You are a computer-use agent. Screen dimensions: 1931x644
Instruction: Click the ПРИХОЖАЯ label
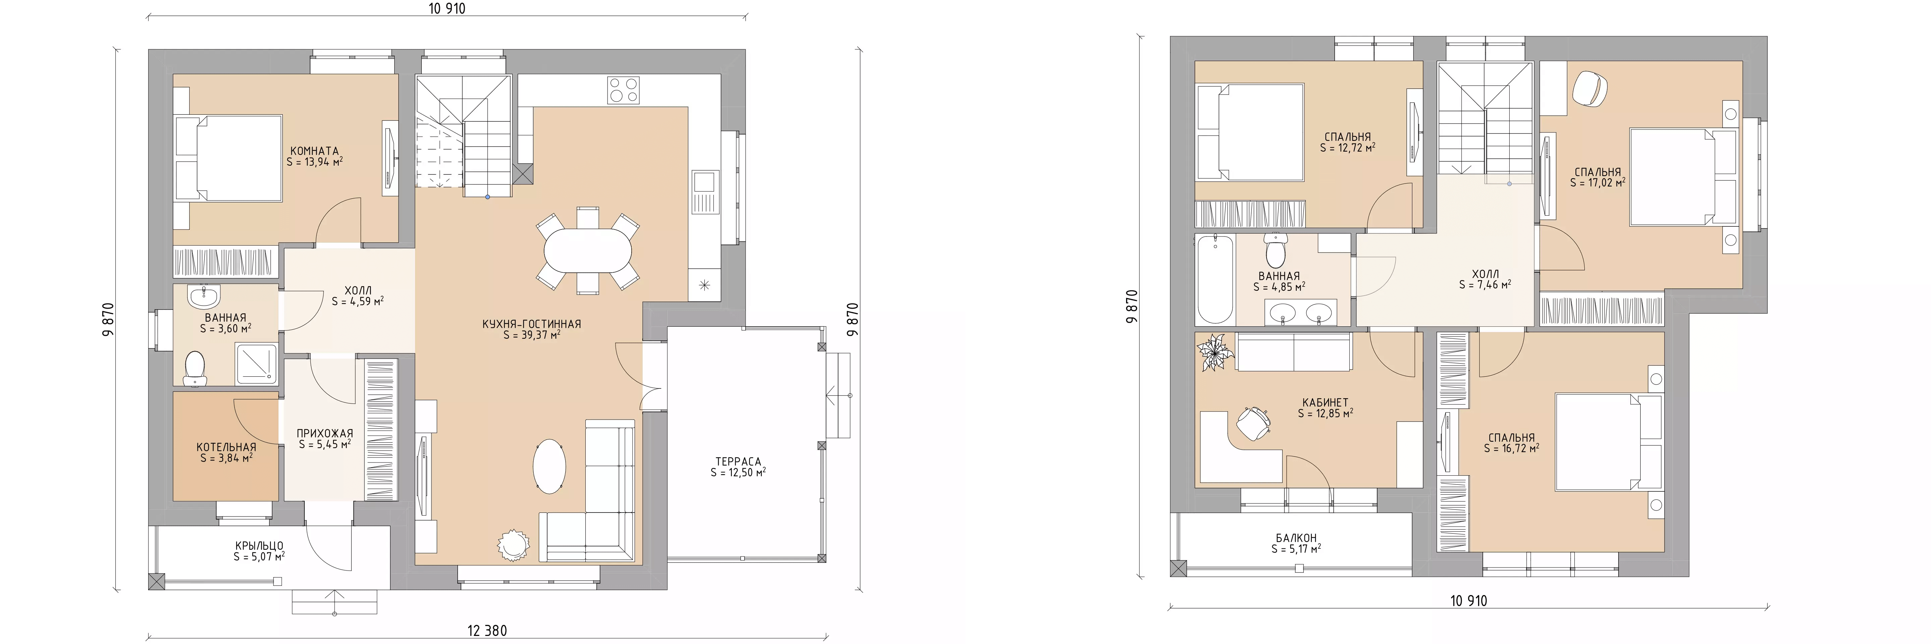click(x=325, y=433)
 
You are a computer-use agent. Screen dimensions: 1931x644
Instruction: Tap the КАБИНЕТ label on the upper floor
click(x=1325, y=402)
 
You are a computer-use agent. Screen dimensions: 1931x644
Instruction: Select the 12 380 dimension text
click(x=487, y=631)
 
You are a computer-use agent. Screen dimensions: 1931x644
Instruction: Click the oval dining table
click(x=588, y=250)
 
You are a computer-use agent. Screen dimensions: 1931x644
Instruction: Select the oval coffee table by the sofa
click(x=549, y=466)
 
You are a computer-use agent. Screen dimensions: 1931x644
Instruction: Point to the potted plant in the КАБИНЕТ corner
click(x=1215, y=353)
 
